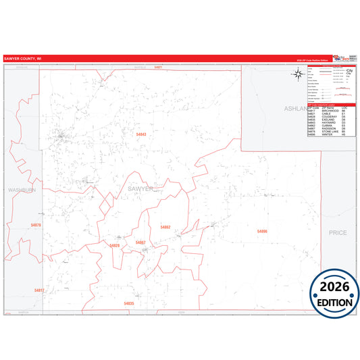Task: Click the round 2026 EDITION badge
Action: [x=334, y=289]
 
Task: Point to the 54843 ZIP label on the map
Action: [x=142, y=134]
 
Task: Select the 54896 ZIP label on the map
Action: [x=262, y=231]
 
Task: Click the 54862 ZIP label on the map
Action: [x=165, y=227]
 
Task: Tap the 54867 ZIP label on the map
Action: [x=140, y=242]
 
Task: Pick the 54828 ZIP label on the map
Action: [x=115, y=246]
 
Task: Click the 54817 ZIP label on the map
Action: [x=38, y=290]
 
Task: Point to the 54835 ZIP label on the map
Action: [x=129, y=303]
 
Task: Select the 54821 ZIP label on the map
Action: [x=158, y=68]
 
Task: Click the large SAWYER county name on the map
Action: [x=140, y=188]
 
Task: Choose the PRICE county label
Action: [x=337, y=232]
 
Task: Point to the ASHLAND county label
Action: [x=295, y=108]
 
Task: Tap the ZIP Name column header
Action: [x=324, y=109]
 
